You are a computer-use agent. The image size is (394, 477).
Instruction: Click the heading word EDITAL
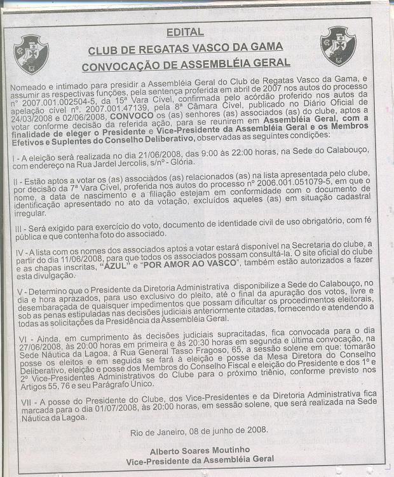[x=185, y=32]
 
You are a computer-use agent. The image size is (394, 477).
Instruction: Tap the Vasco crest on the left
[x=31, y=54]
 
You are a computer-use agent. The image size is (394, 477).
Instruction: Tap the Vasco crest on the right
[x=338, y=45]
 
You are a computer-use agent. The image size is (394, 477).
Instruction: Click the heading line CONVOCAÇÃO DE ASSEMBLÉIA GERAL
[x=186, y=63]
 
